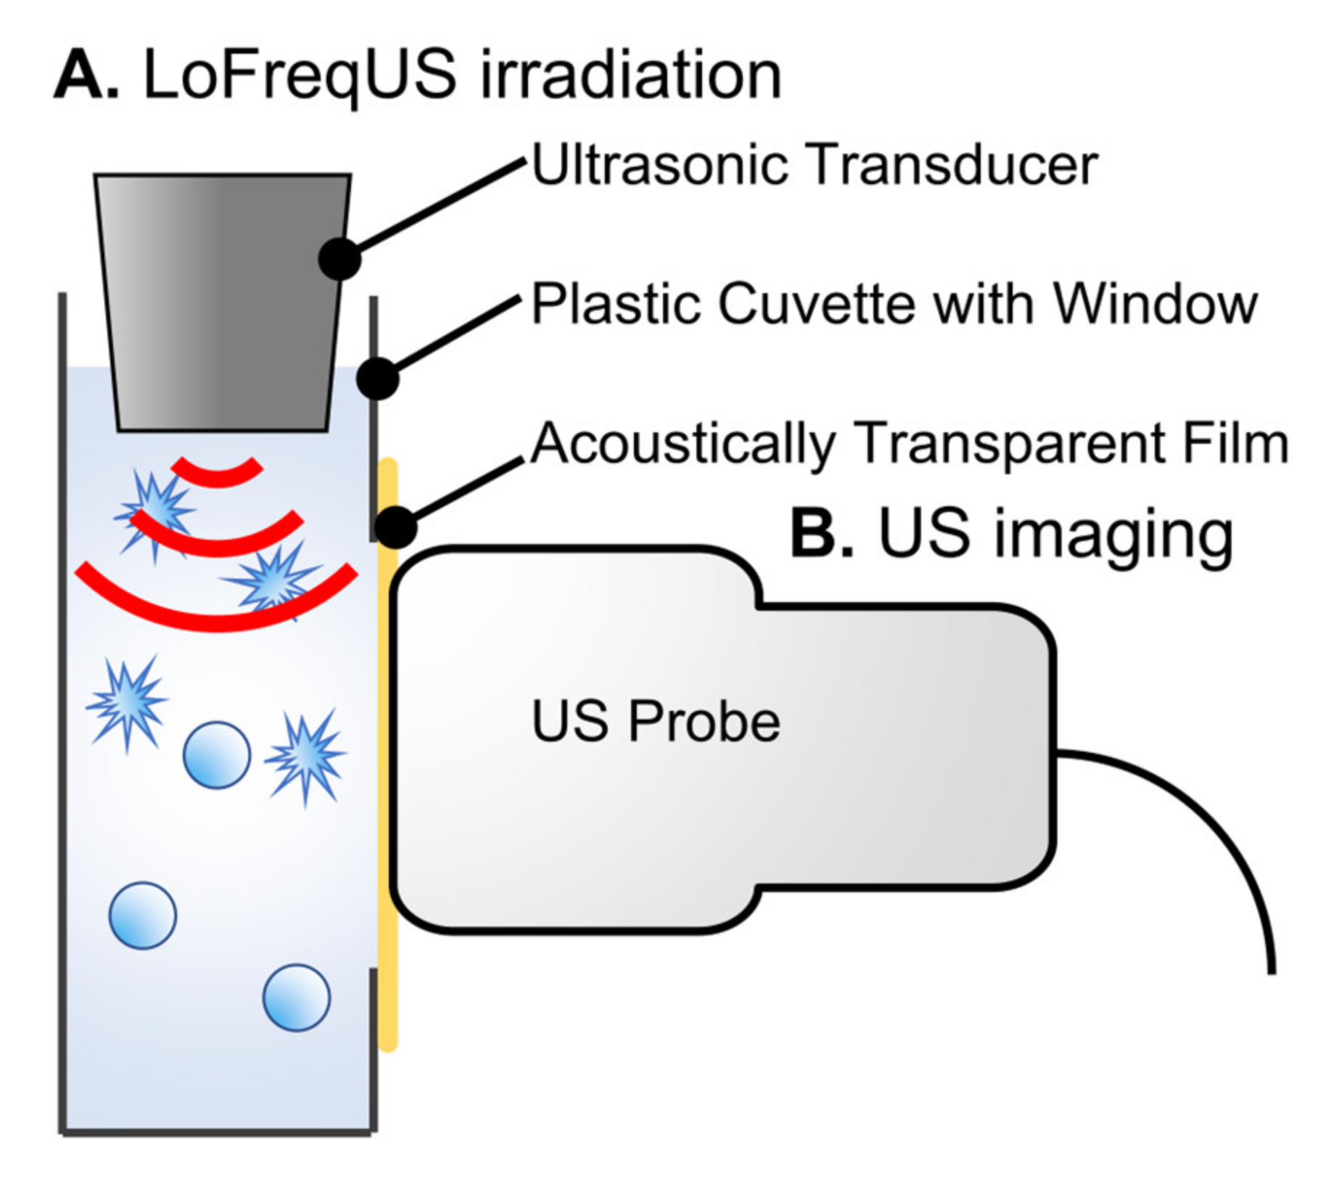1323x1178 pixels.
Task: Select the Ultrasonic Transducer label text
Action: click(814, 165)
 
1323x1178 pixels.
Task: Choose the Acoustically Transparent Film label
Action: click(909, 443)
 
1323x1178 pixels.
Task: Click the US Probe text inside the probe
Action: click(656, 722)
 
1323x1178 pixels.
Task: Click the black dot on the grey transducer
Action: click(339, 258)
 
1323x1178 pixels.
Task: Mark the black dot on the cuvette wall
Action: click(378, 378)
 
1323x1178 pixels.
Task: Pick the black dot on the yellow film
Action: click(396, 527)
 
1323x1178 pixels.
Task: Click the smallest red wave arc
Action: click(217, 474)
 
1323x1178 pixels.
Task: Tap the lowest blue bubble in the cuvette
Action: click(296, 997)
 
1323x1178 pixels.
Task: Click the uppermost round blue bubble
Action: click(216, 755)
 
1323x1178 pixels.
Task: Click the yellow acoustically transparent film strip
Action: click(388, 798)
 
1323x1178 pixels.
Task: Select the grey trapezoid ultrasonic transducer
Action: click(221, 305)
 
